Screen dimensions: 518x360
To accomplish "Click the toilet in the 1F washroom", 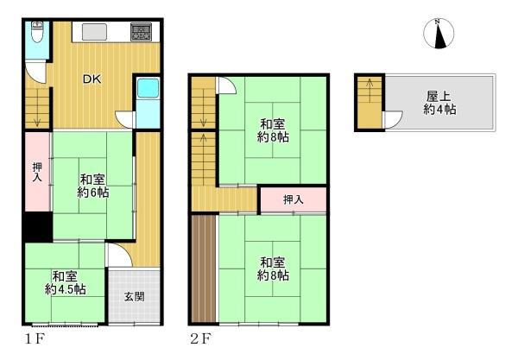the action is click(x=37, y=32).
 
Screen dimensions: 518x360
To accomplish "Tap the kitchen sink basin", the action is click(x=94, y=32).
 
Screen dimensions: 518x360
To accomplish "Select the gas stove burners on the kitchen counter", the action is click(x=141, y=32).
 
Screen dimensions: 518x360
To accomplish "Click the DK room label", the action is click(x=92, y=79).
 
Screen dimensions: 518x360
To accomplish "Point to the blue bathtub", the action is click(x=148, y=88).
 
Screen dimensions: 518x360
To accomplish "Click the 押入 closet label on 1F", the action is click(x=37, y=172).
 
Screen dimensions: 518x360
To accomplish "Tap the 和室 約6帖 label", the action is click(x=93, y=186).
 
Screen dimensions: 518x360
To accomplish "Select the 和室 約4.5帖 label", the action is click(x=65, y=282).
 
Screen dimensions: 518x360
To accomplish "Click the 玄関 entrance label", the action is click(x=135, y=296).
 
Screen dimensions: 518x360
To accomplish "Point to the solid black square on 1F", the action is click(x=38, y=226).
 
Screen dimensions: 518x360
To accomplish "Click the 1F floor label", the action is click(x=35, y=338).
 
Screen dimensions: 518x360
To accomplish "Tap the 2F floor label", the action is click(x=201, y=338).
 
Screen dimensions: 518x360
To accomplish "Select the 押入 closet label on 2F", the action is click(x=294, y=199).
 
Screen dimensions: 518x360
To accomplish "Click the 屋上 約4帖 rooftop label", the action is click(x=439, y=103).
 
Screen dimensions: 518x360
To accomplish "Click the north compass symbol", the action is click(x=439, y=34).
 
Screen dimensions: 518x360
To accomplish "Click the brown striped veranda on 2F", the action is click(x=204, y=268).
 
